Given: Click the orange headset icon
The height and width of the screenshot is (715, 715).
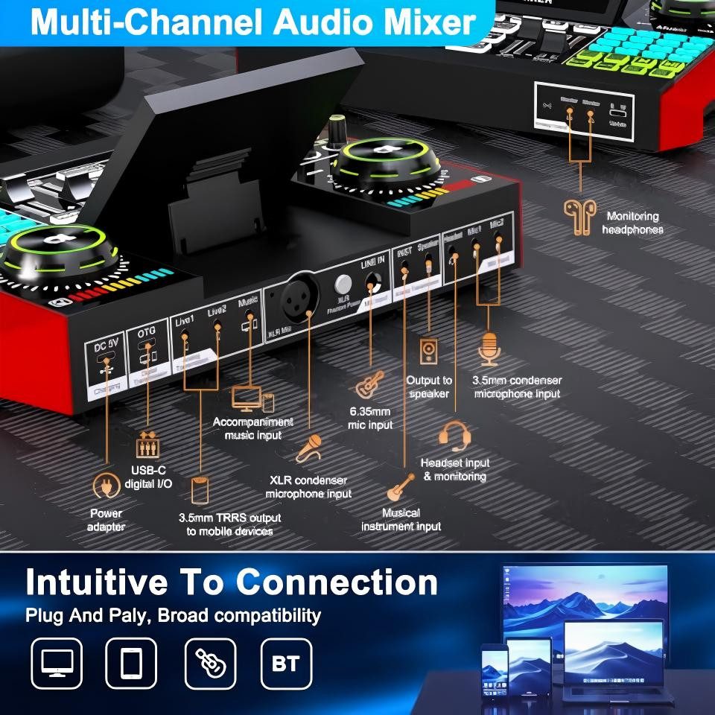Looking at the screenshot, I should [454, 436].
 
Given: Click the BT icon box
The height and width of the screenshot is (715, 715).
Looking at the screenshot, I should [286, 663].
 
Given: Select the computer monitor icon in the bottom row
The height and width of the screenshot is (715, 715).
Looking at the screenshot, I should [57, 663].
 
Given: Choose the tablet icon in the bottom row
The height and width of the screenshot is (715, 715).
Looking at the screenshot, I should [133, 663].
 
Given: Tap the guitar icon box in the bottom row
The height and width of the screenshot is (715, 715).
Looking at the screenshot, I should [209, 663].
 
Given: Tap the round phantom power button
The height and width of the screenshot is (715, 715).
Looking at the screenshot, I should [343, 285].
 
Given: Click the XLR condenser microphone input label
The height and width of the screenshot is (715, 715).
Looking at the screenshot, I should [308, 487].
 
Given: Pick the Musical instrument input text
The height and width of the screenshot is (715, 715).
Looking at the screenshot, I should [401, 519].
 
